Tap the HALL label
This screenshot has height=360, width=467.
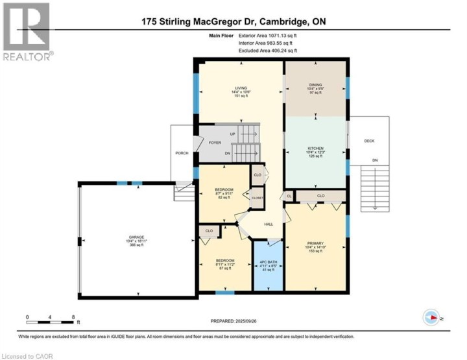(268, 224)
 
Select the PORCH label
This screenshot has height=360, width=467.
(182, 153)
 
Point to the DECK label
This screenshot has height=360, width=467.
(369, 141)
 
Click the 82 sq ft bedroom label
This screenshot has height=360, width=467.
(223, 197)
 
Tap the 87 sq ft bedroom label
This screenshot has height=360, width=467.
(226, 267)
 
